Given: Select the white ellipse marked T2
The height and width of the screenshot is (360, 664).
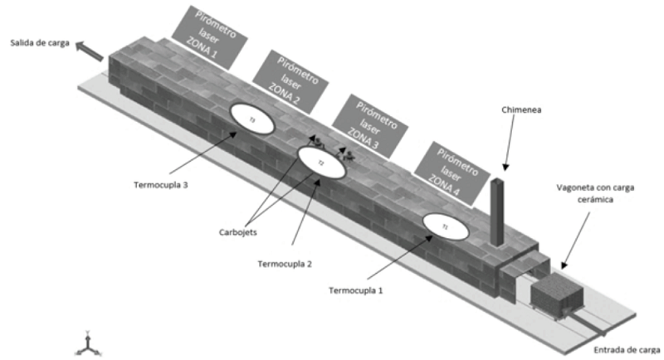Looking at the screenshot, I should pyautogui.click(x=321, y=163).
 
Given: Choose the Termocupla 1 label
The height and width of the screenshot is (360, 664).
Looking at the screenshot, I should pyautogui.click(x=357, y=291).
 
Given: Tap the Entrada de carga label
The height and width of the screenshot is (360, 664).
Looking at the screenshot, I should pyautogui.click(x=627, y=349).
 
